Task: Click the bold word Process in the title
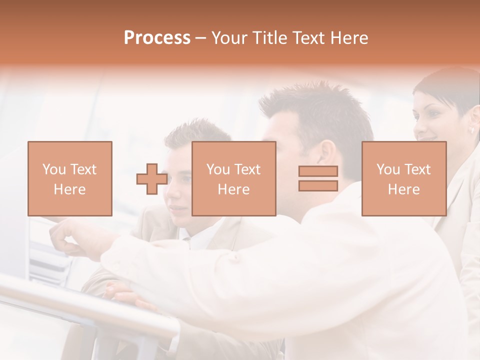(157, 38)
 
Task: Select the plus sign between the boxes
(152, 178)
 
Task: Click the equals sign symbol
(318, 178)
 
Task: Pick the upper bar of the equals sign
(318, 171)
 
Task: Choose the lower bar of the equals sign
(318, 185)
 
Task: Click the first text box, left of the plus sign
(70, 178)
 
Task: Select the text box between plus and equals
(234, 178)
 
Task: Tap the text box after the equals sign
(404, 178)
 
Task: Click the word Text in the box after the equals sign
(417, 169)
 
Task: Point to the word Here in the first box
(70, 189)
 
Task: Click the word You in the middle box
(218, 169)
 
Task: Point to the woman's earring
(472, 130)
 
